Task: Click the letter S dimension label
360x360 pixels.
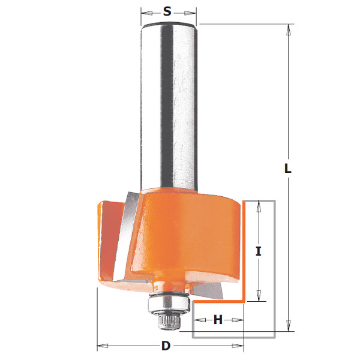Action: pos(167,11)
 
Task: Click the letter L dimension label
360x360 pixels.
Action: pos(287,169)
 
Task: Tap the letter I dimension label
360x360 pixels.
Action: pos(259,251)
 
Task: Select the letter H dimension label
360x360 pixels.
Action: pos(218,320)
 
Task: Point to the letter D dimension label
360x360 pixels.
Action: pos(166,346)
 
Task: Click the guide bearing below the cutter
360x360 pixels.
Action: pos(169,302)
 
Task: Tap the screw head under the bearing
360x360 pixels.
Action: pos(169,322)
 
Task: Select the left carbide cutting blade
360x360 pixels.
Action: pos(125,236)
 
